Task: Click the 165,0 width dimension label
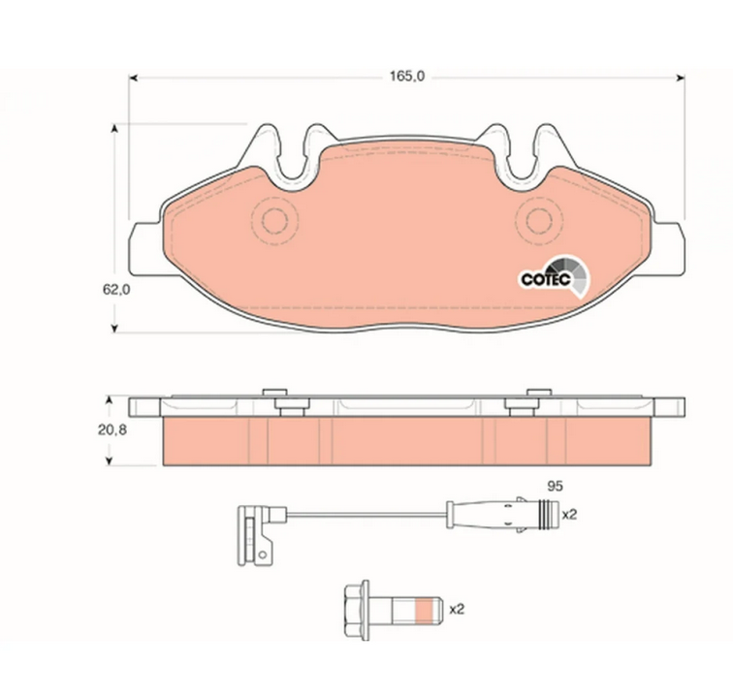[x=407, y=77]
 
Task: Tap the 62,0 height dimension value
[x=116, y=290]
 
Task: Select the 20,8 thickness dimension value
[x=112, y=430]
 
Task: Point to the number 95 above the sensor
[x=555, y=486]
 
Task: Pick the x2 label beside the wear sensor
[x=569, y=515]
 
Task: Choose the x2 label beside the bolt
[x=457, y=610]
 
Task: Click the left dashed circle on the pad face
[x=275, y=221]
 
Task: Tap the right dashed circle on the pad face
[x=539, y=221]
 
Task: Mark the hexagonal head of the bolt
[x=357, y=610]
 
